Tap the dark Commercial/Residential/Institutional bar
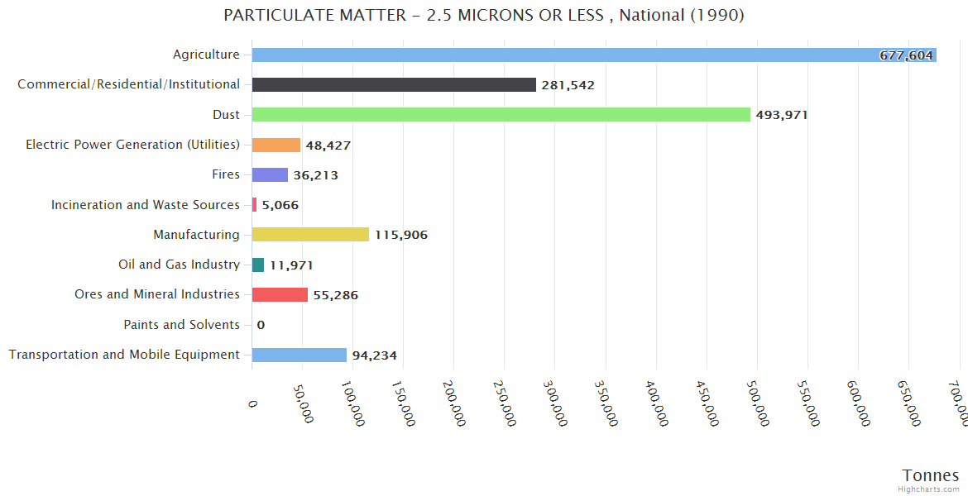(394, 85)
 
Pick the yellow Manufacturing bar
(310, 235)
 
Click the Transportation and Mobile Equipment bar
(299, 355)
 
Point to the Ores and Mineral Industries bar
(280, 295)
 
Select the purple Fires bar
(270, 175)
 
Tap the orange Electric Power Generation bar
(276, 145)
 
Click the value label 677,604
(906, 55)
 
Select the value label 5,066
(280, 205)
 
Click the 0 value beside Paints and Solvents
(261, 325)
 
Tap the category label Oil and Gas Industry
(179, 265)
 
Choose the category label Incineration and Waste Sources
(146, 205)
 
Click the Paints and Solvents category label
(181, 325)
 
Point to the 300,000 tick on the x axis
(553, 403)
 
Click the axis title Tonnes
(930, 475)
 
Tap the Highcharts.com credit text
(929, 489)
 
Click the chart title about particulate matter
(484, 16)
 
